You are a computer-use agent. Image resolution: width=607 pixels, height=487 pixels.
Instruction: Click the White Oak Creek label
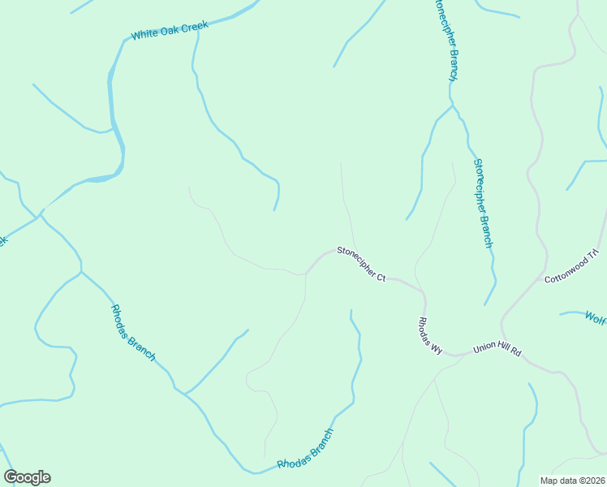point(170,30)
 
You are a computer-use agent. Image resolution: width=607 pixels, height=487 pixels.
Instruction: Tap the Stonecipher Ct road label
point(361,264)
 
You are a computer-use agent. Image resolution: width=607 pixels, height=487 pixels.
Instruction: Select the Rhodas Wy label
point(430,336)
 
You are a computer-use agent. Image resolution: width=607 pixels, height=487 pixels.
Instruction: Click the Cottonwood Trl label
point(571,265)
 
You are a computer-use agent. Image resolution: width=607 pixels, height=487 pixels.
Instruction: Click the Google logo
point(27,477)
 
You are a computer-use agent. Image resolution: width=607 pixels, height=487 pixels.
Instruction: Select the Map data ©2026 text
point(572,481)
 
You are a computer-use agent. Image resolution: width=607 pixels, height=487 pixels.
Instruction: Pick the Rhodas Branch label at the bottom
point(305,449)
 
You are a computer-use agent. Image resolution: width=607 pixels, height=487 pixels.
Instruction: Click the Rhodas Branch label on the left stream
point(133,333)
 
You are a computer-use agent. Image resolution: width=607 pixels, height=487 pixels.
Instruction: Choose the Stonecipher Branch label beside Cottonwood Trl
point(483,203)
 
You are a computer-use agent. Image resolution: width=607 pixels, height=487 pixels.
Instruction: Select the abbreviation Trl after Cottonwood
point(593,255)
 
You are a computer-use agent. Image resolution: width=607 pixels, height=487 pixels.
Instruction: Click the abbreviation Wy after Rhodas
point(437,348)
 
